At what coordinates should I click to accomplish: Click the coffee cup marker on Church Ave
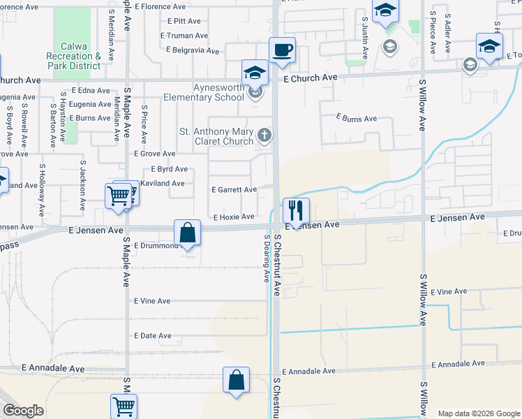click(282, 50)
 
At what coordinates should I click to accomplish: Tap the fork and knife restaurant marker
click(296, 210)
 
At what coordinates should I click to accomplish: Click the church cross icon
click(264, 135)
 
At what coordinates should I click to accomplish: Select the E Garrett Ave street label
click(234, 189)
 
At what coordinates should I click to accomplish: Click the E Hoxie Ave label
click(233, 216)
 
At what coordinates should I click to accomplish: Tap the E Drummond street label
click(156, 246)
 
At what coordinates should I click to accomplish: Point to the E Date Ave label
click(152, 336)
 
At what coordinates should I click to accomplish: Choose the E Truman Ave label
click(184, 36)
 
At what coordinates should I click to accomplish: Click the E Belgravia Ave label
click(193, 50)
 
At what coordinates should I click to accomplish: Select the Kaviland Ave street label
click(162, 184)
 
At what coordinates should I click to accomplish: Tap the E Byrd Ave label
click(169, 169)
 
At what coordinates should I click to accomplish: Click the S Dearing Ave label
click(266, 258)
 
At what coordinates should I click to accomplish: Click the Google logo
click(23, 411)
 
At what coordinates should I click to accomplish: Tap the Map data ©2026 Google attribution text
click(478, 413)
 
